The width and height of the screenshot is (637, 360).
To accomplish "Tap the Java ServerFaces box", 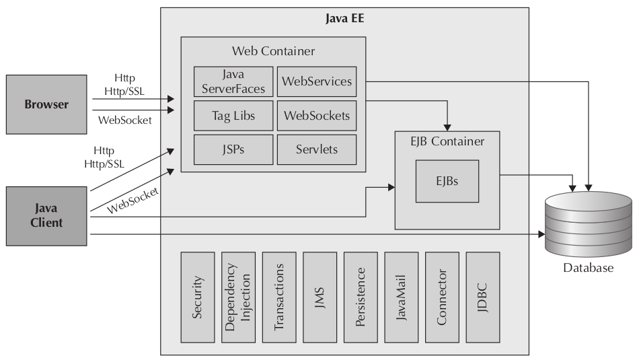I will pos(233,81).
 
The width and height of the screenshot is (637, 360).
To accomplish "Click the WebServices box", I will pos(317,81).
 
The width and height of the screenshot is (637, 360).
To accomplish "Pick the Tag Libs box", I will pos(233,115).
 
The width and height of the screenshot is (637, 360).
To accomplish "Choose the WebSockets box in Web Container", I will pos(317,115).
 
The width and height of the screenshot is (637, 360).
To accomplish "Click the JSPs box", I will pos(233,149).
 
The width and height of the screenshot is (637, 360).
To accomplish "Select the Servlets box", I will pos(317,149).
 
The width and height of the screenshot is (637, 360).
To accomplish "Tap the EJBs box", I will pos(447,181).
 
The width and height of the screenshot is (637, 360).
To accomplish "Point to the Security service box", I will pos(198,297).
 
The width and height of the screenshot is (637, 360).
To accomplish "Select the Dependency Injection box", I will pos(238,297).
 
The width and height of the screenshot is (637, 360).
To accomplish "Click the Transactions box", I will pos(279,297).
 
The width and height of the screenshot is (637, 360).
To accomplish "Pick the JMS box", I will pos(320,297).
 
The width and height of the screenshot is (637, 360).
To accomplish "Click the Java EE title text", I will pos(344,18).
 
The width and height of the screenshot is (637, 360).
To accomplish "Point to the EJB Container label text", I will pos(447,142).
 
